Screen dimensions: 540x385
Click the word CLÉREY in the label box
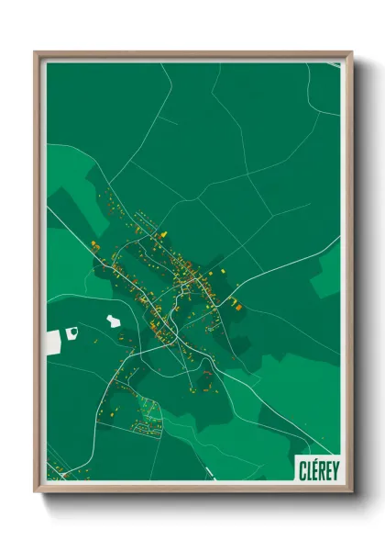coord(318,469)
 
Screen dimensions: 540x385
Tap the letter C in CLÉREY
coord(302,469)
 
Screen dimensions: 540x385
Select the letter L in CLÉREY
coord(309,469)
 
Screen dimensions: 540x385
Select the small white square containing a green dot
coord(71,332)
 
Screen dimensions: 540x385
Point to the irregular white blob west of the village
coord(113,321)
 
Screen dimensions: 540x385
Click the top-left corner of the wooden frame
coord(36,52)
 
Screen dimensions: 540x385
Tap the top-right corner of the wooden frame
coord(351,52)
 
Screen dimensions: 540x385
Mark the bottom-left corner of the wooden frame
coord(36,492)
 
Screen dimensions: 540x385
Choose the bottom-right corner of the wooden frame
coord(351,492)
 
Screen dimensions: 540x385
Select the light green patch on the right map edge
coord(326,272)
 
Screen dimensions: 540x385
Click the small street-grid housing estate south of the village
coord(147,418)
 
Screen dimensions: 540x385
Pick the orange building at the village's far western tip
coord(93,245)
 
